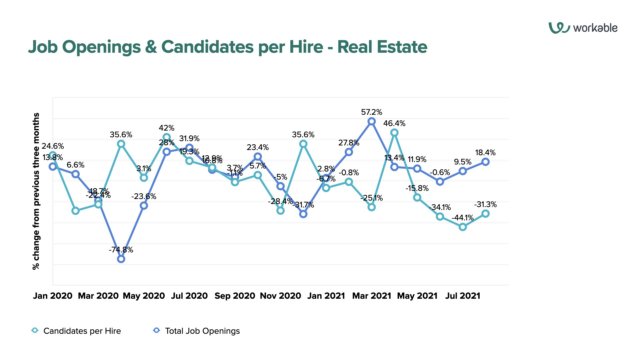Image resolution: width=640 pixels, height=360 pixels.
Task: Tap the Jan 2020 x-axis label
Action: [x=53, y=296]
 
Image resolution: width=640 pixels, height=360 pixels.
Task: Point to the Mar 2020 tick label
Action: [x=98, y=296]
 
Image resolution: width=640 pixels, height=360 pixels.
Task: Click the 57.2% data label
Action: [x=372, y=112]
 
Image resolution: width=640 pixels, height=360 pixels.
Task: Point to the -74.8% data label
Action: [x=121, y=249]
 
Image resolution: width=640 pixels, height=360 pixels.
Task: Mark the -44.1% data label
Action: [x=463, y=217]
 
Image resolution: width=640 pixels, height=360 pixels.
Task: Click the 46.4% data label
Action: [x=395, y=121]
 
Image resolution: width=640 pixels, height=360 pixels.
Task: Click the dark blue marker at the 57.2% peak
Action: [x=372, y=122]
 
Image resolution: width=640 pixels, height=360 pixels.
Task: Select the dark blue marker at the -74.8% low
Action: [x=121, y=259]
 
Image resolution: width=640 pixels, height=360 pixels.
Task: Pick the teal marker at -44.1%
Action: [x=463, y=227]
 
